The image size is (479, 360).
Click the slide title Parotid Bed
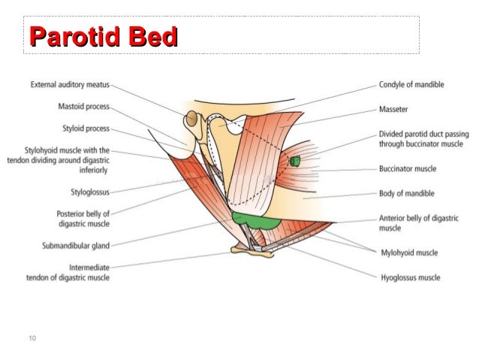click(x=102, y=37)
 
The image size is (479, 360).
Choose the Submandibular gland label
click(x=76, y=244)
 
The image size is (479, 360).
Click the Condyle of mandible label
click(x=411, y=85)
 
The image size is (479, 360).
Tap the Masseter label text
click(x=393, y=109)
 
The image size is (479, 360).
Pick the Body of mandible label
click(x=406, y=193)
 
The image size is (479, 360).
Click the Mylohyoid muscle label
click(x=408, y=253)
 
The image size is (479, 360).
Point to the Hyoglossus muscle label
click(x=409, y=277)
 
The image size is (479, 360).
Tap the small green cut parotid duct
click(x=295, y=162)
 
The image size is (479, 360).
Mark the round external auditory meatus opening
click(x=193, y=119)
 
